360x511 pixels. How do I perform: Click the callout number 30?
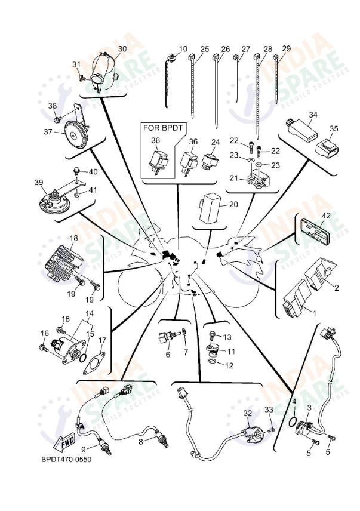coord(122,48)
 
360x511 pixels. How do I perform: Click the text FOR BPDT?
coord(160,128)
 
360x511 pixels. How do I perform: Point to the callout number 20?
coord(233,204)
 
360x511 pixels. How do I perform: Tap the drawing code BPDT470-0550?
coord(66,460)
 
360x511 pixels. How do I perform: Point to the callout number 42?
coord(325,216)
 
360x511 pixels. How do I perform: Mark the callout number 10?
coord(183,49)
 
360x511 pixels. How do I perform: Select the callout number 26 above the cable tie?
coord(225,49)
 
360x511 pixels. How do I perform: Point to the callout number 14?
coord(89,313)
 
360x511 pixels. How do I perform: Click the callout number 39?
coord(39,182)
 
